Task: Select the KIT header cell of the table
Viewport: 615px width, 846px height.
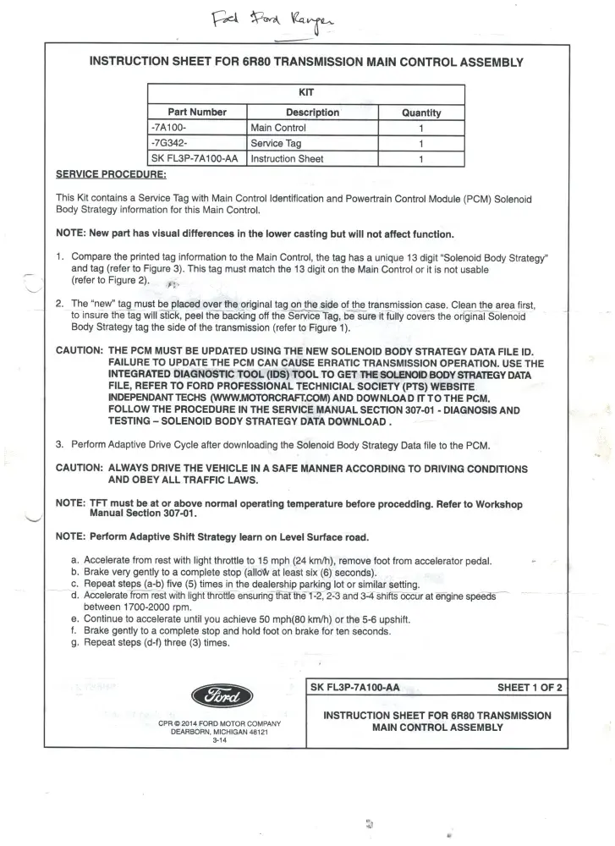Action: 306,94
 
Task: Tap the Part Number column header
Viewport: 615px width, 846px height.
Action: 198,113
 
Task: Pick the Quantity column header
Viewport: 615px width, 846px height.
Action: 421,113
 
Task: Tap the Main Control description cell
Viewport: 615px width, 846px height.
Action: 278,128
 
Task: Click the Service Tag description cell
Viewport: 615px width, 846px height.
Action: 276,143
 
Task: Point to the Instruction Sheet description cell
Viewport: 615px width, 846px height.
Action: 287,158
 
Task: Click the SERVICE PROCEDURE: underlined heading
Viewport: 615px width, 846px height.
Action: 111,175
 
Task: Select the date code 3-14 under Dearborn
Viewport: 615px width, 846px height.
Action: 219,739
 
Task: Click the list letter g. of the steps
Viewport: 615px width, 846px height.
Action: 76,642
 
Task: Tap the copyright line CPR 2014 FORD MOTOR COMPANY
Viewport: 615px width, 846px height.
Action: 219,723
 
